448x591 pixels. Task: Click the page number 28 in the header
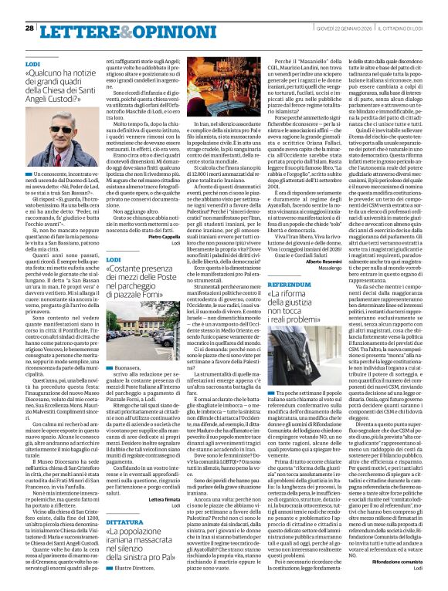29,28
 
